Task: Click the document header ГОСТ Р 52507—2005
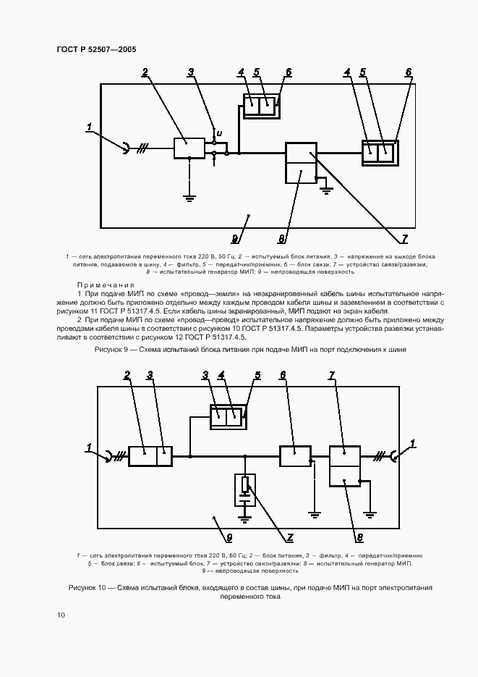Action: click(96, 49)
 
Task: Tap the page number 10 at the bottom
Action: click(61, 615)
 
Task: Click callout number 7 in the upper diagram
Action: click(404, 237)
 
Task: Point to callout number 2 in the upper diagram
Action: click(145, 72)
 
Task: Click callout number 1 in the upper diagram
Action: click(89, 128)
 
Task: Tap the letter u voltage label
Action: click(220, 133)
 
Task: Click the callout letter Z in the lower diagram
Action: click(290, 537)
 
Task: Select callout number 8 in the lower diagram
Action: click(359, 537)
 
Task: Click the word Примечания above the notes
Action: click(101, 285)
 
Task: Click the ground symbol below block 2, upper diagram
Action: click(189, 195)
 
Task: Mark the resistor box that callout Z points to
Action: click(246, 484)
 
